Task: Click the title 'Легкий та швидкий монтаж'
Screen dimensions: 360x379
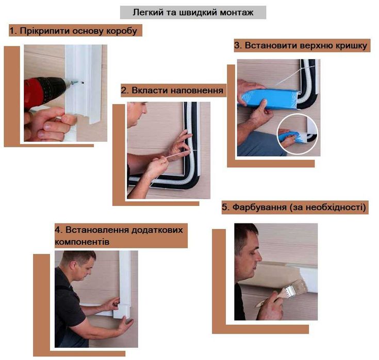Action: pos(193,12)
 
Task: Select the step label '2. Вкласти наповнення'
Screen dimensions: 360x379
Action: pos(172,91)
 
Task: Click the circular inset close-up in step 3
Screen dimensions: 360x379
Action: pos(297,135)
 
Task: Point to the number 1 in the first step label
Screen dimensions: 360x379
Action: pos(12,31)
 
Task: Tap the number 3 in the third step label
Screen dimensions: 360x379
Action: pos(237,46)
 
